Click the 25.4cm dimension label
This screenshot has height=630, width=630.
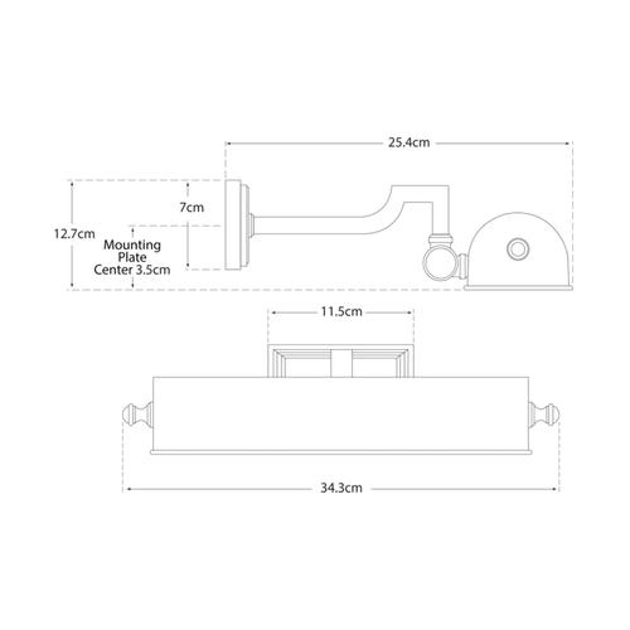[x=409, y=143]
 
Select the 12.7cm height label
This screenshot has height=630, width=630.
[x=74, y=234]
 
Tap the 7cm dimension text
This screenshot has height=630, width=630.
[x=192, y=207]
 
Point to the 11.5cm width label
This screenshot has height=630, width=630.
[x=341, y=312]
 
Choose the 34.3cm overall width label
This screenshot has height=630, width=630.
[x=341, y=488]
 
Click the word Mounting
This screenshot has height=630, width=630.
[x=132, y=245]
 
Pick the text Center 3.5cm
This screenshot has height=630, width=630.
[x=132, y=270]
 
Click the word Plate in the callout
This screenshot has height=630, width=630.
[x=132, y=257]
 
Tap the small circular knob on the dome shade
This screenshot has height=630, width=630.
[x=517, y=249]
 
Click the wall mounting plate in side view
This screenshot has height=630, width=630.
[x=233, y=225]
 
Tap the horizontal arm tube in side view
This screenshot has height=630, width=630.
[x=311, y=226]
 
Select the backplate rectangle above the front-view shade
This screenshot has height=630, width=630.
[x=341, y=361]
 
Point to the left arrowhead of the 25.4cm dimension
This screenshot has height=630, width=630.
[x=228, y=144]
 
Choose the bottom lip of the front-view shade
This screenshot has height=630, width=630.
[x=341, y=452]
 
